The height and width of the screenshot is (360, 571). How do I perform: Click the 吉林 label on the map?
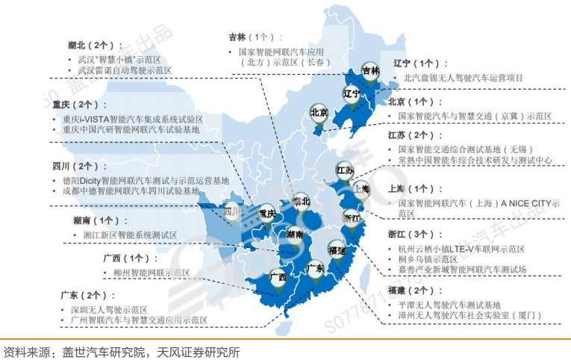pos(370,71)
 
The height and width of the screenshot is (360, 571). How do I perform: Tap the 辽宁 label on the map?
pos(352,94)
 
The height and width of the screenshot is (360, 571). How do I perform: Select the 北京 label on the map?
pos(319,113)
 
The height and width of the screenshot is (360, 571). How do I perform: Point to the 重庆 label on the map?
pos(266,214)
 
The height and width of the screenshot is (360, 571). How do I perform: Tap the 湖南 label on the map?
pos(294,235)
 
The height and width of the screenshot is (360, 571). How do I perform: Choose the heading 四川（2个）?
pos(80,166)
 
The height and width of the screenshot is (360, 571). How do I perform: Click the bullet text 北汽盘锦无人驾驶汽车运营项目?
pos(463,77)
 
